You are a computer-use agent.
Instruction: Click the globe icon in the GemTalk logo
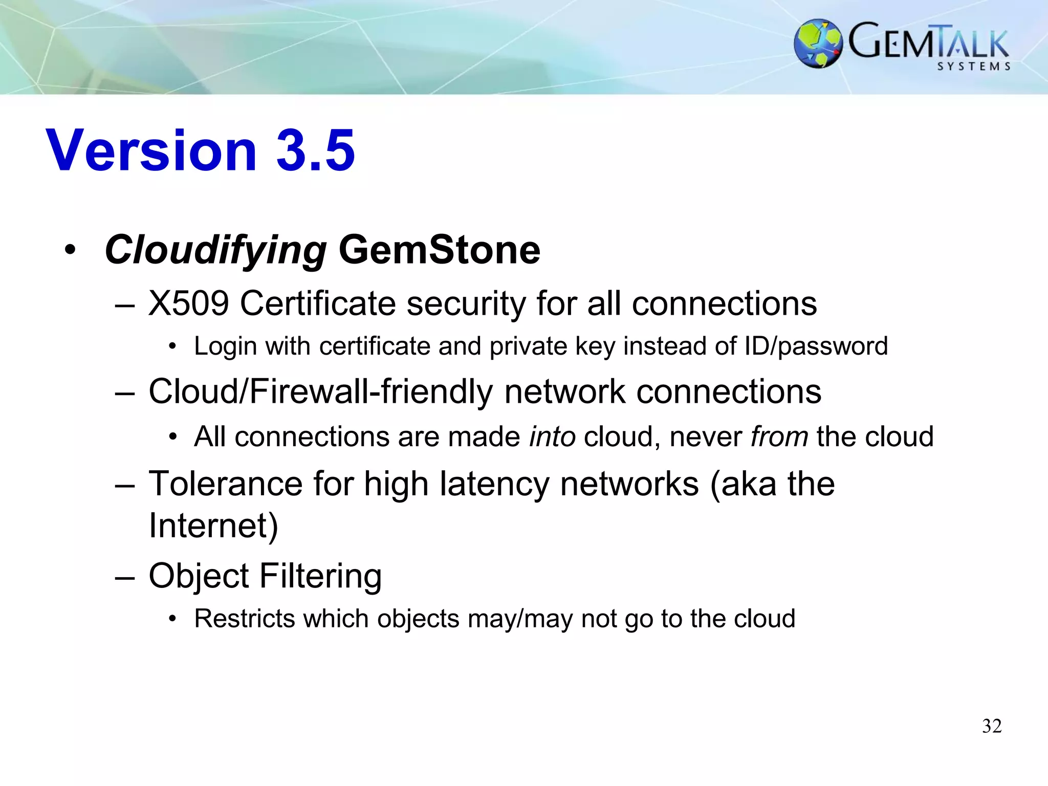(818, 43)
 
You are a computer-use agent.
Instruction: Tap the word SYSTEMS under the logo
(974, 67)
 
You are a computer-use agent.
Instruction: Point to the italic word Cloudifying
(215, 250)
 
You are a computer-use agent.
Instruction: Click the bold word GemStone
(439, 250)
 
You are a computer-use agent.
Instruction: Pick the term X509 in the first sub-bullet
(188, 303)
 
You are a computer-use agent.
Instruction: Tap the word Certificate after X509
(318, 303)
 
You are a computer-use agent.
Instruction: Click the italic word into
(552, 437)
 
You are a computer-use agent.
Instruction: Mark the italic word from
(779, 437)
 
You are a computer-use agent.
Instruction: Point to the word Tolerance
(226, 484)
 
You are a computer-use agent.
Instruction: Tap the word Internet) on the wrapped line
(213, 526)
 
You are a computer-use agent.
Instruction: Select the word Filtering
(320, 576)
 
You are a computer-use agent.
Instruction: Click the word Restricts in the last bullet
(245, 619)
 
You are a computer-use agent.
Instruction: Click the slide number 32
(992, 726)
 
